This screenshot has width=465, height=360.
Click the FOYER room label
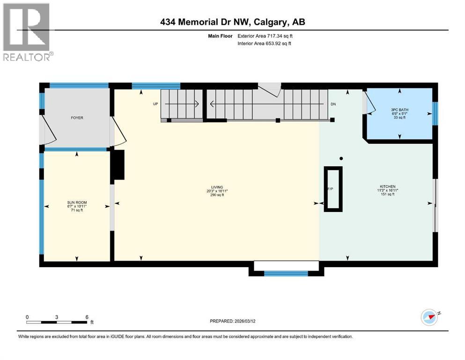[x=77, y=118]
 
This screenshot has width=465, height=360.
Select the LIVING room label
[x=217, y=187]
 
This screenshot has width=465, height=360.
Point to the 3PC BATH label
[x=399, y=111]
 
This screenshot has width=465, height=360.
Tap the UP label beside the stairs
[x=155, y=104]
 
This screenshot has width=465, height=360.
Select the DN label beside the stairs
[x=333, y=104]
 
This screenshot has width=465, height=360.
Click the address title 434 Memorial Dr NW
[x=232, y=22]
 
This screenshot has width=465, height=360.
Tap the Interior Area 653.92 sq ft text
[x=264, y=44]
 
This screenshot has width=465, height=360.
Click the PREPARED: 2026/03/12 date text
[x=232, y=321]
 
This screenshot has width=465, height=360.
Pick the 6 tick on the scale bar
[x=87, y=317]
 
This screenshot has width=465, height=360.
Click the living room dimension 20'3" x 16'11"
[x=217, y=191]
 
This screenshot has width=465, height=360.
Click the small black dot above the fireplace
[x=341, y=158]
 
